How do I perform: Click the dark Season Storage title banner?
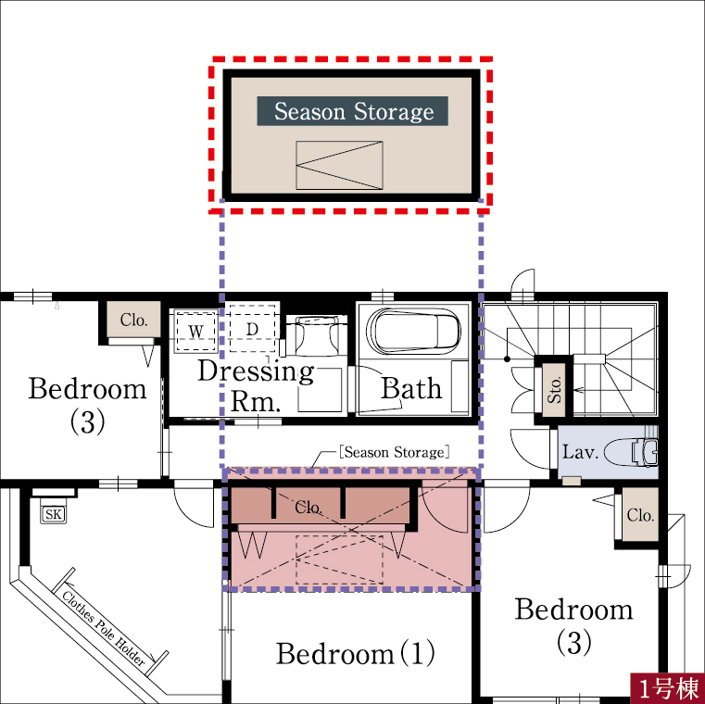tap(352, 110)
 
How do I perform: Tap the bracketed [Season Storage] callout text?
tap(395, 452)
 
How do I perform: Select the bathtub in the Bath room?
tap(414, 331)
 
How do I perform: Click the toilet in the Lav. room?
tap(630, 451)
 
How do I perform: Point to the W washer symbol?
tap(196, 331)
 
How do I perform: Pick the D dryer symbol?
tap(252, 329)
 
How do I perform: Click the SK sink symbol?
tap(54, 514)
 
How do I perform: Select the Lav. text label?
tap(581, 451)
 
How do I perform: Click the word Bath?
tap(411, 388)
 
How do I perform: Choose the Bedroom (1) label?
tap(355, 653)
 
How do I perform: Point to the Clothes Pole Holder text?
tap(104, 628)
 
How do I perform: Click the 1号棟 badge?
tap(667, 688)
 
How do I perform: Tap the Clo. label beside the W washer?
tap(133, 320)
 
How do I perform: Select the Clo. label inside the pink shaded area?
tap(308, 507)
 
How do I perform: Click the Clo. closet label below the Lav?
tap(640, 515)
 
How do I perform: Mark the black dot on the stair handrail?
tap(507, 358)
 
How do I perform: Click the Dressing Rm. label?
tap(256, 385)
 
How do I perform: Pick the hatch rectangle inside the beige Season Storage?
tap(339, 165)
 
